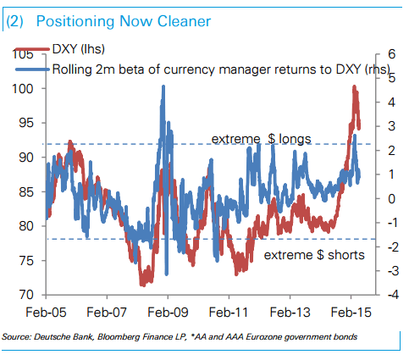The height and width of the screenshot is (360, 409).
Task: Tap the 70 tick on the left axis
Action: click(27, 295)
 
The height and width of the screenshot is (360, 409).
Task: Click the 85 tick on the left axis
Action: click(27, 191)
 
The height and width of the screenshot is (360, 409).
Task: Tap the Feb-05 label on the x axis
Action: click(46, 311)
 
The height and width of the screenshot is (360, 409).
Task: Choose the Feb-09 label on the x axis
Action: click(168, 311)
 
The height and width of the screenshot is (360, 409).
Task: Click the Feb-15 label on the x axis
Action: click(351, 311)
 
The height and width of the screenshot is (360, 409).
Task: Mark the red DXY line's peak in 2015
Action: click(354, 87)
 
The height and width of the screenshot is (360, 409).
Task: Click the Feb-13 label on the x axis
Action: click(290, 311)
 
